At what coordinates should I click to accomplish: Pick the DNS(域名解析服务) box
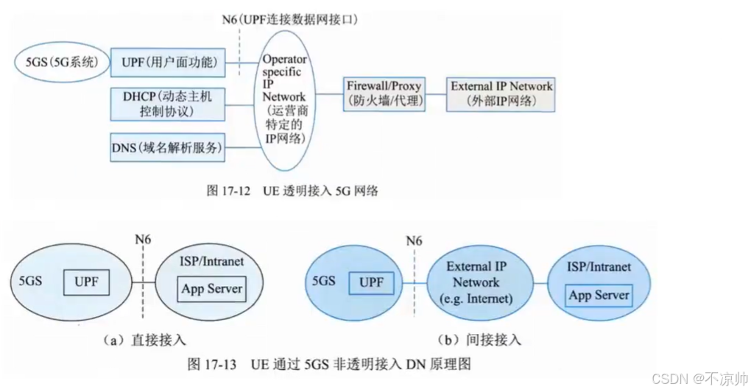[166, 147]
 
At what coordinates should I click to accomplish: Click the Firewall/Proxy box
[384, 93]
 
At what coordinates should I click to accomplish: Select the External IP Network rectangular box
[501, 93]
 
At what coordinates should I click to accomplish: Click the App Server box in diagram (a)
[212, 289]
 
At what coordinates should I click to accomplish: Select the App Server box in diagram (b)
[599, 295]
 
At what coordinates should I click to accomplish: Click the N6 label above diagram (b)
[415, 240]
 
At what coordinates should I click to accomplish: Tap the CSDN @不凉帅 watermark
[699, 378]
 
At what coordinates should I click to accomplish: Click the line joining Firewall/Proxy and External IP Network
[437, 93]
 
